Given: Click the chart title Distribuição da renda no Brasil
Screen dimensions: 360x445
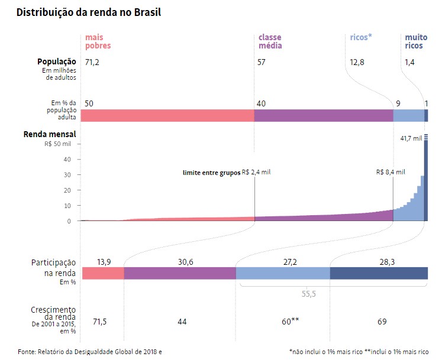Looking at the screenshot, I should point(89,12).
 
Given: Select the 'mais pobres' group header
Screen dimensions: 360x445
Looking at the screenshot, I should point(98,41).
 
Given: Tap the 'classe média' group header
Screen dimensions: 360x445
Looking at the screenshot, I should point(270,41).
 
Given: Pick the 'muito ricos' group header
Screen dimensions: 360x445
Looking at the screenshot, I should point(415,41).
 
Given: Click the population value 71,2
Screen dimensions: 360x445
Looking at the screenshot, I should point(92,61).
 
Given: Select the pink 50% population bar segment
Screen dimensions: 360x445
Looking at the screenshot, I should point(167,115).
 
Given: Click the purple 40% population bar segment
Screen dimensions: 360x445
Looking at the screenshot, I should point(324,115).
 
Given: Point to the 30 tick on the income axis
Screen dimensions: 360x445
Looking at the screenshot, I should point(67,174).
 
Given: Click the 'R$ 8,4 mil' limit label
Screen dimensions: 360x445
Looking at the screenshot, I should point(391,173).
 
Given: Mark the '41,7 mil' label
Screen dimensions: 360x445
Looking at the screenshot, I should point(411,138).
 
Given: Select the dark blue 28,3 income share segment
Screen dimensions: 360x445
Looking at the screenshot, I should point(379,273).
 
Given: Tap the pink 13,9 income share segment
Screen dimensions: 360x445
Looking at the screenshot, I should point(103,273).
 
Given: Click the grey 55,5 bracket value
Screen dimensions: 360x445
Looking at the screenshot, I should point(306,293).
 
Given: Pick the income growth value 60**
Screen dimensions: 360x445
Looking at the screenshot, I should point(290,322).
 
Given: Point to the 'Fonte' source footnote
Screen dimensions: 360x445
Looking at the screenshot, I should point(89,352).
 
